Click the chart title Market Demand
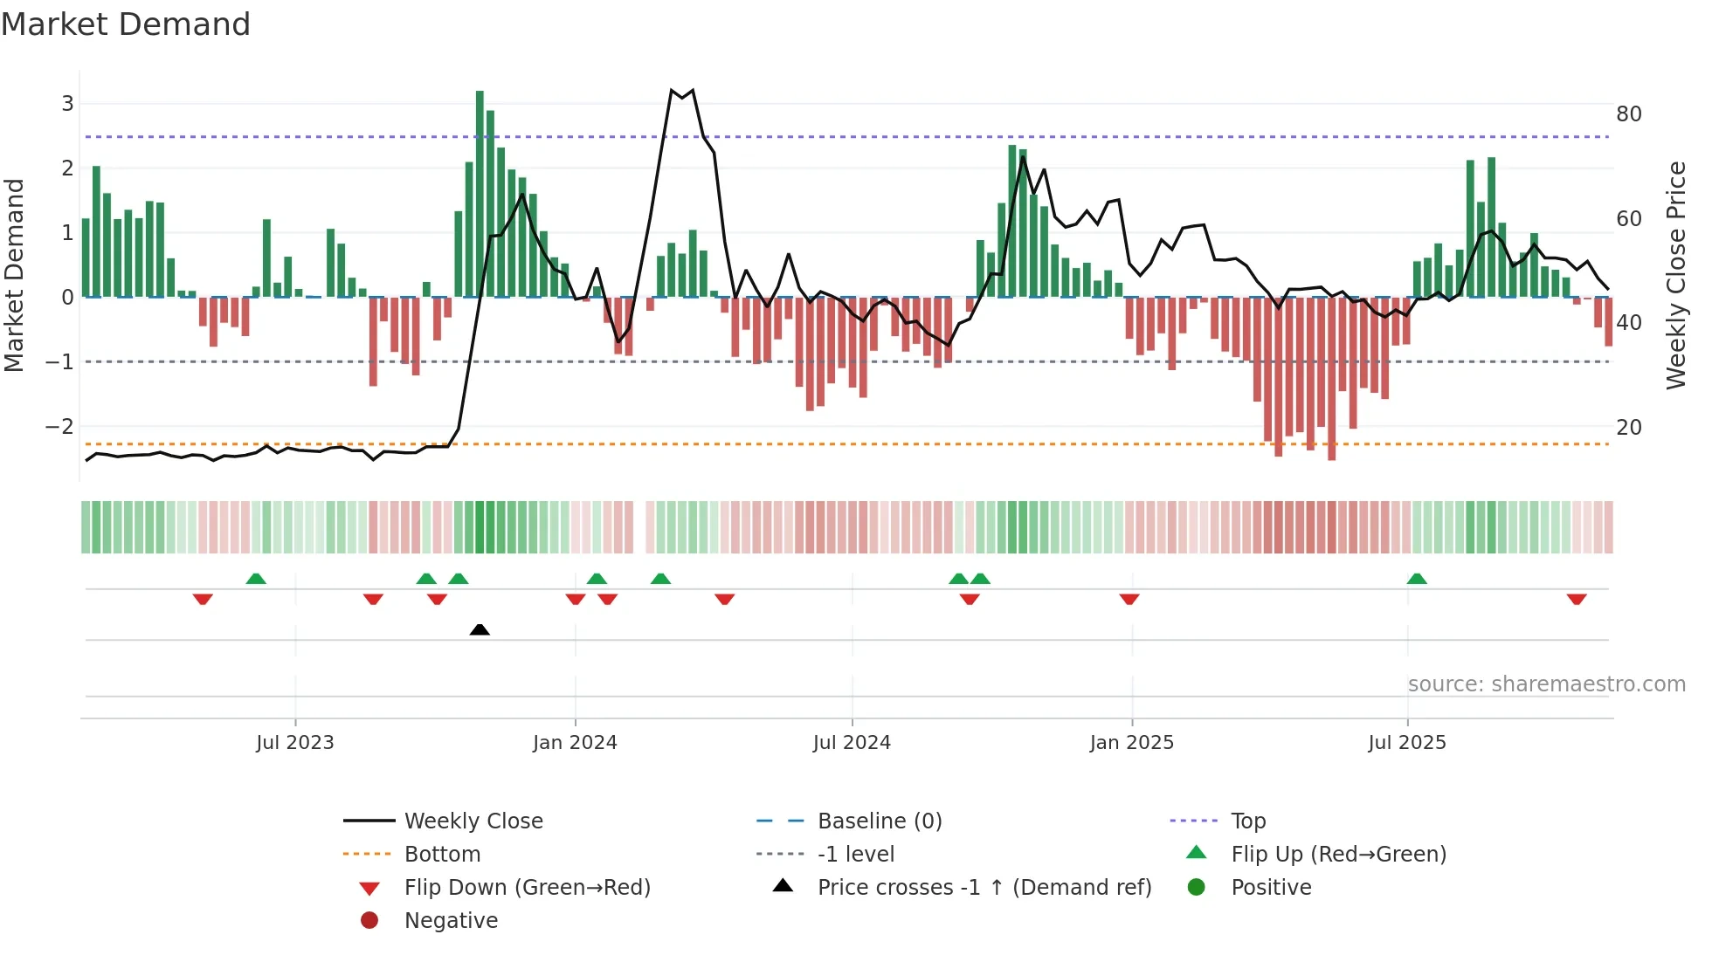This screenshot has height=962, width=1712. click(126, 24)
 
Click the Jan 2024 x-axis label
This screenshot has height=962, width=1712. click(575, 743)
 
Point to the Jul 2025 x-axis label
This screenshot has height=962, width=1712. click(1406, 743)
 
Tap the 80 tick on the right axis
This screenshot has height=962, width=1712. click(1628, 114)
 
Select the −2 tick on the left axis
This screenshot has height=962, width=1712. click(59, 427)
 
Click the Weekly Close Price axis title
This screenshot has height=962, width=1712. click(1675, 275)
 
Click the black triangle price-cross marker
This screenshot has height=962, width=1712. click(480, 629)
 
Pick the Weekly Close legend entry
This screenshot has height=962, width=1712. click(473, 821)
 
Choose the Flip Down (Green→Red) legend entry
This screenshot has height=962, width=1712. click(527, 888)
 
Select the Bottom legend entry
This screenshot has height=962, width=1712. click(442, 855)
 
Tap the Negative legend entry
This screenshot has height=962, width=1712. click(451, 921)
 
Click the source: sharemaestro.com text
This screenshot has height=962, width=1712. click(1546, 684)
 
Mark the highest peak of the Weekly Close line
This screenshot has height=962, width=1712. click(672, 90)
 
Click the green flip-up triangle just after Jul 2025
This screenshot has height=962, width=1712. click(1417, 579)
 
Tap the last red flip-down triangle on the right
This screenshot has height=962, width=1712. click(1577, 599)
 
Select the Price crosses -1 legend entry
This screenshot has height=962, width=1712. click(984, 888)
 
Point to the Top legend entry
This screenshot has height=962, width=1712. click(1247, 821)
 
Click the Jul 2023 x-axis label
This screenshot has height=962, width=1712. click(295, 743)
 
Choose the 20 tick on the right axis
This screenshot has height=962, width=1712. click(1628, 428)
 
